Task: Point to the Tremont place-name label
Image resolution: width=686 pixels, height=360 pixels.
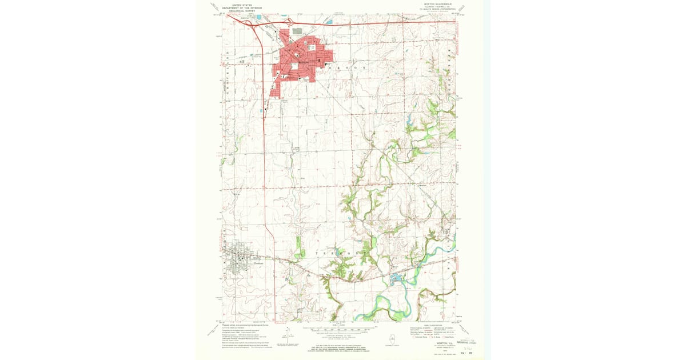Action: coord(258,262)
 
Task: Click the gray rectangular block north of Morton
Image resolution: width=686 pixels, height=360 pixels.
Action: coord(297,31)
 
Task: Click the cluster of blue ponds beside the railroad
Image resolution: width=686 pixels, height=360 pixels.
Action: coord(396,280)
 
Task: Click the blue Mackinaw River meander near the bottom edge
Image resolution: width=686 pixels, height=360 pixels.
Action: coord(389,311)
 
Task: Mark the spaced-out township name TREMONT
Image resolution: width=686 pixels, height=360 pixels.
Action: coord(337,252)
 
